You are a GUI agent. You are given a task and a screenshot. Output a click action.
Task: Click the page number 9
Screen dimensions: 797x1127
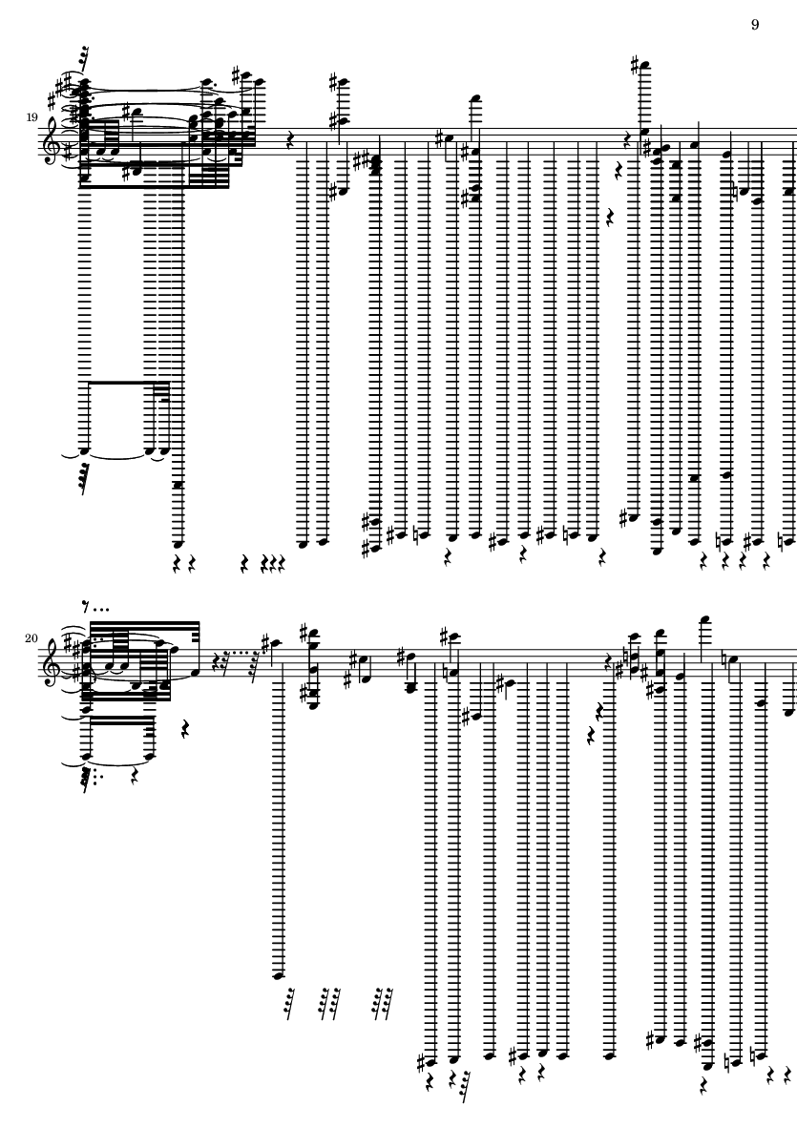click(755, 25)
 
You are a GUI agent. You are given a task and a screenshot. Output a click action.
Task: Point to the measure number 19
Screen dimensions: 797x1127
click(31, 117)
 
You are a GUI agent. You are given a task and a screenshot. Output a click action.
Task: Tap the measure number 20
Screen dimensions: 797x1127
click(31, 638)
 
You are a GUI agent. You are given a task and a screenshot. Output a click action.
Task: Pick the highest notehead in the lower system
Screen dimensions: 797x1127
click(705, 619)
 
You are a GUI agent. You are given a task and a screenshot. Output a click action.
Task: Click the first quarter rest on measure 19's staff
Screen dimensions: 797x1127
click(290, 141)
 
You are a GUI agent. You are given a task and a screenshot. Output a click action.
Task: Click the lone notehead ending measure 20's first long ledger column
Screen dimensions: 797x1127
click(279, 974)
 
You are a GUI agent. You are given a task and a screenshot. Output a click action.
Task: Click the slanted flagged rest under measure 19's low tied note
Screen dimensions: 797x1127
click(83, 477)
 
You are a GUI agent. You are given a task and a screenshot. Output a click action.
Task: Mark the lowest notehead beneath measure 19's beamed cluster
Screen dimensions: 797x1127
click(177, 543)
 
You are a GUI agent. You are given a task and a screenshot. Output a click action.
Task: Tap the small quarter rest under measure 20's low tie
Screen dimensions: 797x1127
click(136, 776)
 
